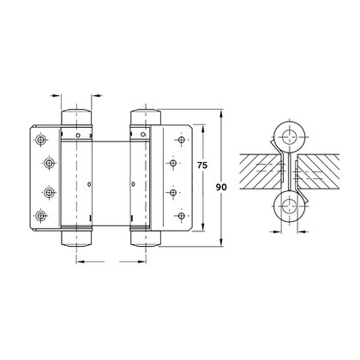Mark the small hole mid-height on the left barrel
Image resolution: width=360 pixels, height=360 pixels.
[90, 184]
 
